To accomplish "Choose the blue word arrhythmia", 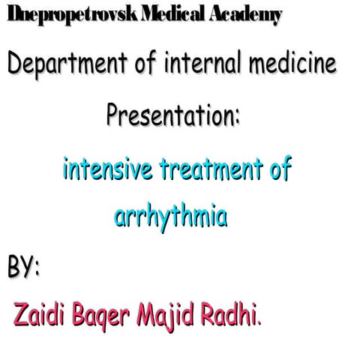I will [x=170, y=217].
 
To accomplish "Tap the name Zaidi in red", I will [x=37, y=315].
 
